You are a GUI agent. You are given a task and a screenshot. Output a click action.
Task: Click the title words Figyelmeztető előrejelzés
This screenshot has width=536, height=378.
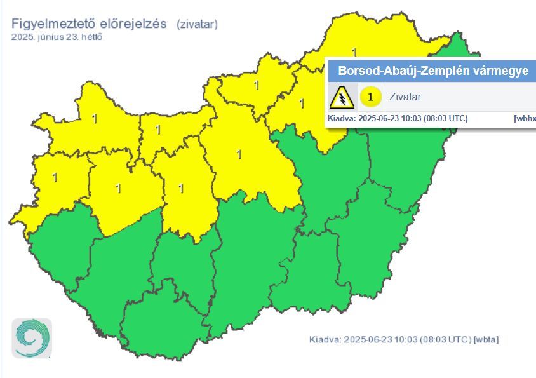(x=89, y=24)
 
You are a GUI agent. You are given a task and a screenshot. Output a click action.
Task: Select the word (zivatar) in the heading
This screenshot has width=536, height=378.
(x=198, y=24)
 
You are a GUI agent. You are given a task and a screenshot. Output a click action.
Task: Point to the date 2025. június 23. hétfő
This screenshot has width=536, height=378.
(x=57, y=37)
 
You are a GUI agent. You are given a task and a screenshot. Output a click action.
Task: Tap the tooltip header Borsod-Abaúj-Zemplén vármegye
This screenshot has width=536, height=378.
(x=432, y=71)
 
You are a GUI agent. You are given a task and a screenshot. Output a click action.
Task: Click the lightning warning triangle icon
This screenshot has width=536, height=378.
(x=342, y=97)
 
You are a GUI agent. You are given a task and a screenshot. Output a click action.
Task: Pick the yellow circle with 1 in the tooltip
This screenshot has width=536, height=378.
(x=370, y=97)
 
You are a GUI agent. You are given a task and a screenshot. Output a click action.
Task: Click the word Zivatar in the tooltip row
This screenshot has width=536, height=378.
(x=405, y=97)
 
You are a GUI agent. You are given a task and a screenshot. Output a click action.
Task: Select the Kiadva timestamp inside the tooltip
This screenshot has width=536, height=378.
(x=398, y=119)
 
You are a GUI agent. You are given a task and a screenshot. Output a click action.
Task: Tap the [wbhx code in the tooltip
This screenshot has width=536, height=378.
(x=525, y=119)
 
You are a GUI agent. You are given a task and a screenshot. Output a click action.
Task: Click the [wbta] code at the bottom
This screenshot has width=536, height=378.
(x=486, y=339)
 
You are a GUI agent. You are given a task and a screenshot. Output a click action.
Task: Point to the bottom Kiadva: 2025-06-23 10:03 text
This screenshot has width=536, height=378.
(x=390, y=339)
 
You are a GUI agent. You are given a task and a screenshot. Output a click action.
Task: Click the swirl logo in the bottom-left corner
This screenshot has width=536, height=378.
(x=32, y=337)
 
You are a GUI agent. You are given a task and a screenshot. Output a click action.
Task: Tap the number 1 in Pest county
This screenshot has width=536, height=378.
(x=239, y=154)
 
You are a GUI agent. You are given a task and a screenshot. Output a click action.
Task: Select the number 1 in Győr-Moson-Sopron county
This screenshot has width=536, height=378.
(x=95, y=118)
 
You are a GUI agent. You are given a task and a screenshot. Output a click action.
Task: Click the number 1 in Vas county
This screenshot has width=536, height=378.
(x=55, y=178)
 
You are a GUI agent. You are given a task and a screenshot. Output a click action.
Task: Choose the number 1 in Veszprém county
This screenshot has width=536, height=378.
(x=118, y=188)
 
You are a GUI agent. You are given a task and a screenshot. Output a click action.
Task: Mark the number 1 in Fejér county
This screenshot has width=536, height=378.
(x=181, y=188)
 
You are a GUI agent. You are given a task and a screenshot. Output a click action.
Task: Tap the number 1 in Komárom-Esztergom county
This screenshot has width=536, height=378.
(x=157, y=130)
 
